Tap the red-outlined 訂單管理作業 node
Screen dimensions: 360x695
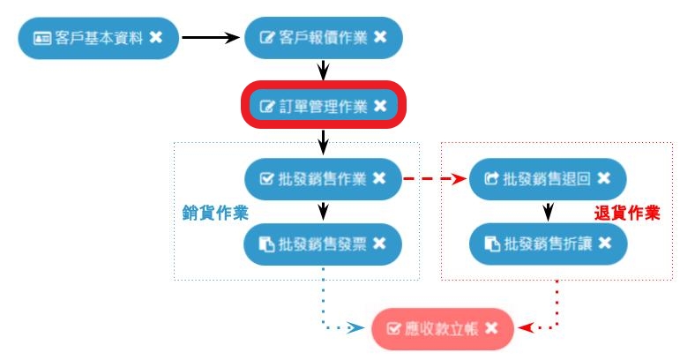[316, 106]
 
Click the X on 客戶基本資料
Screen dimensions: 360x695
[155, 37]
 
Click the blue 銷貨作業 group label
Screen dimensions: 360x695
[214, 213]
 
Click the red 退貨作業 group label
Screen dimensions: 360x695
[628, 213]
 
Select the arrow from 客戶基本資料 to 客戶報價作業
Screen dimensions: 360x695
[210, 37]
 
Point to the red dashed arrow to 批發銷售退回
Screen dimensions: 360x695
[434, 179]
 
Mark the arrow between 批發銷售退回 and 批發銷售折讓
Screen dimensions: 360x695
[548, 212]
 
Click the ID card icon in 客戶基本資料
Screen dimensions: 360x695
[42, 37]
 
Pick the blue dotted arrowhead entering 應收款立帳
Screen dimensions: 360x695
[356, 328]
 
